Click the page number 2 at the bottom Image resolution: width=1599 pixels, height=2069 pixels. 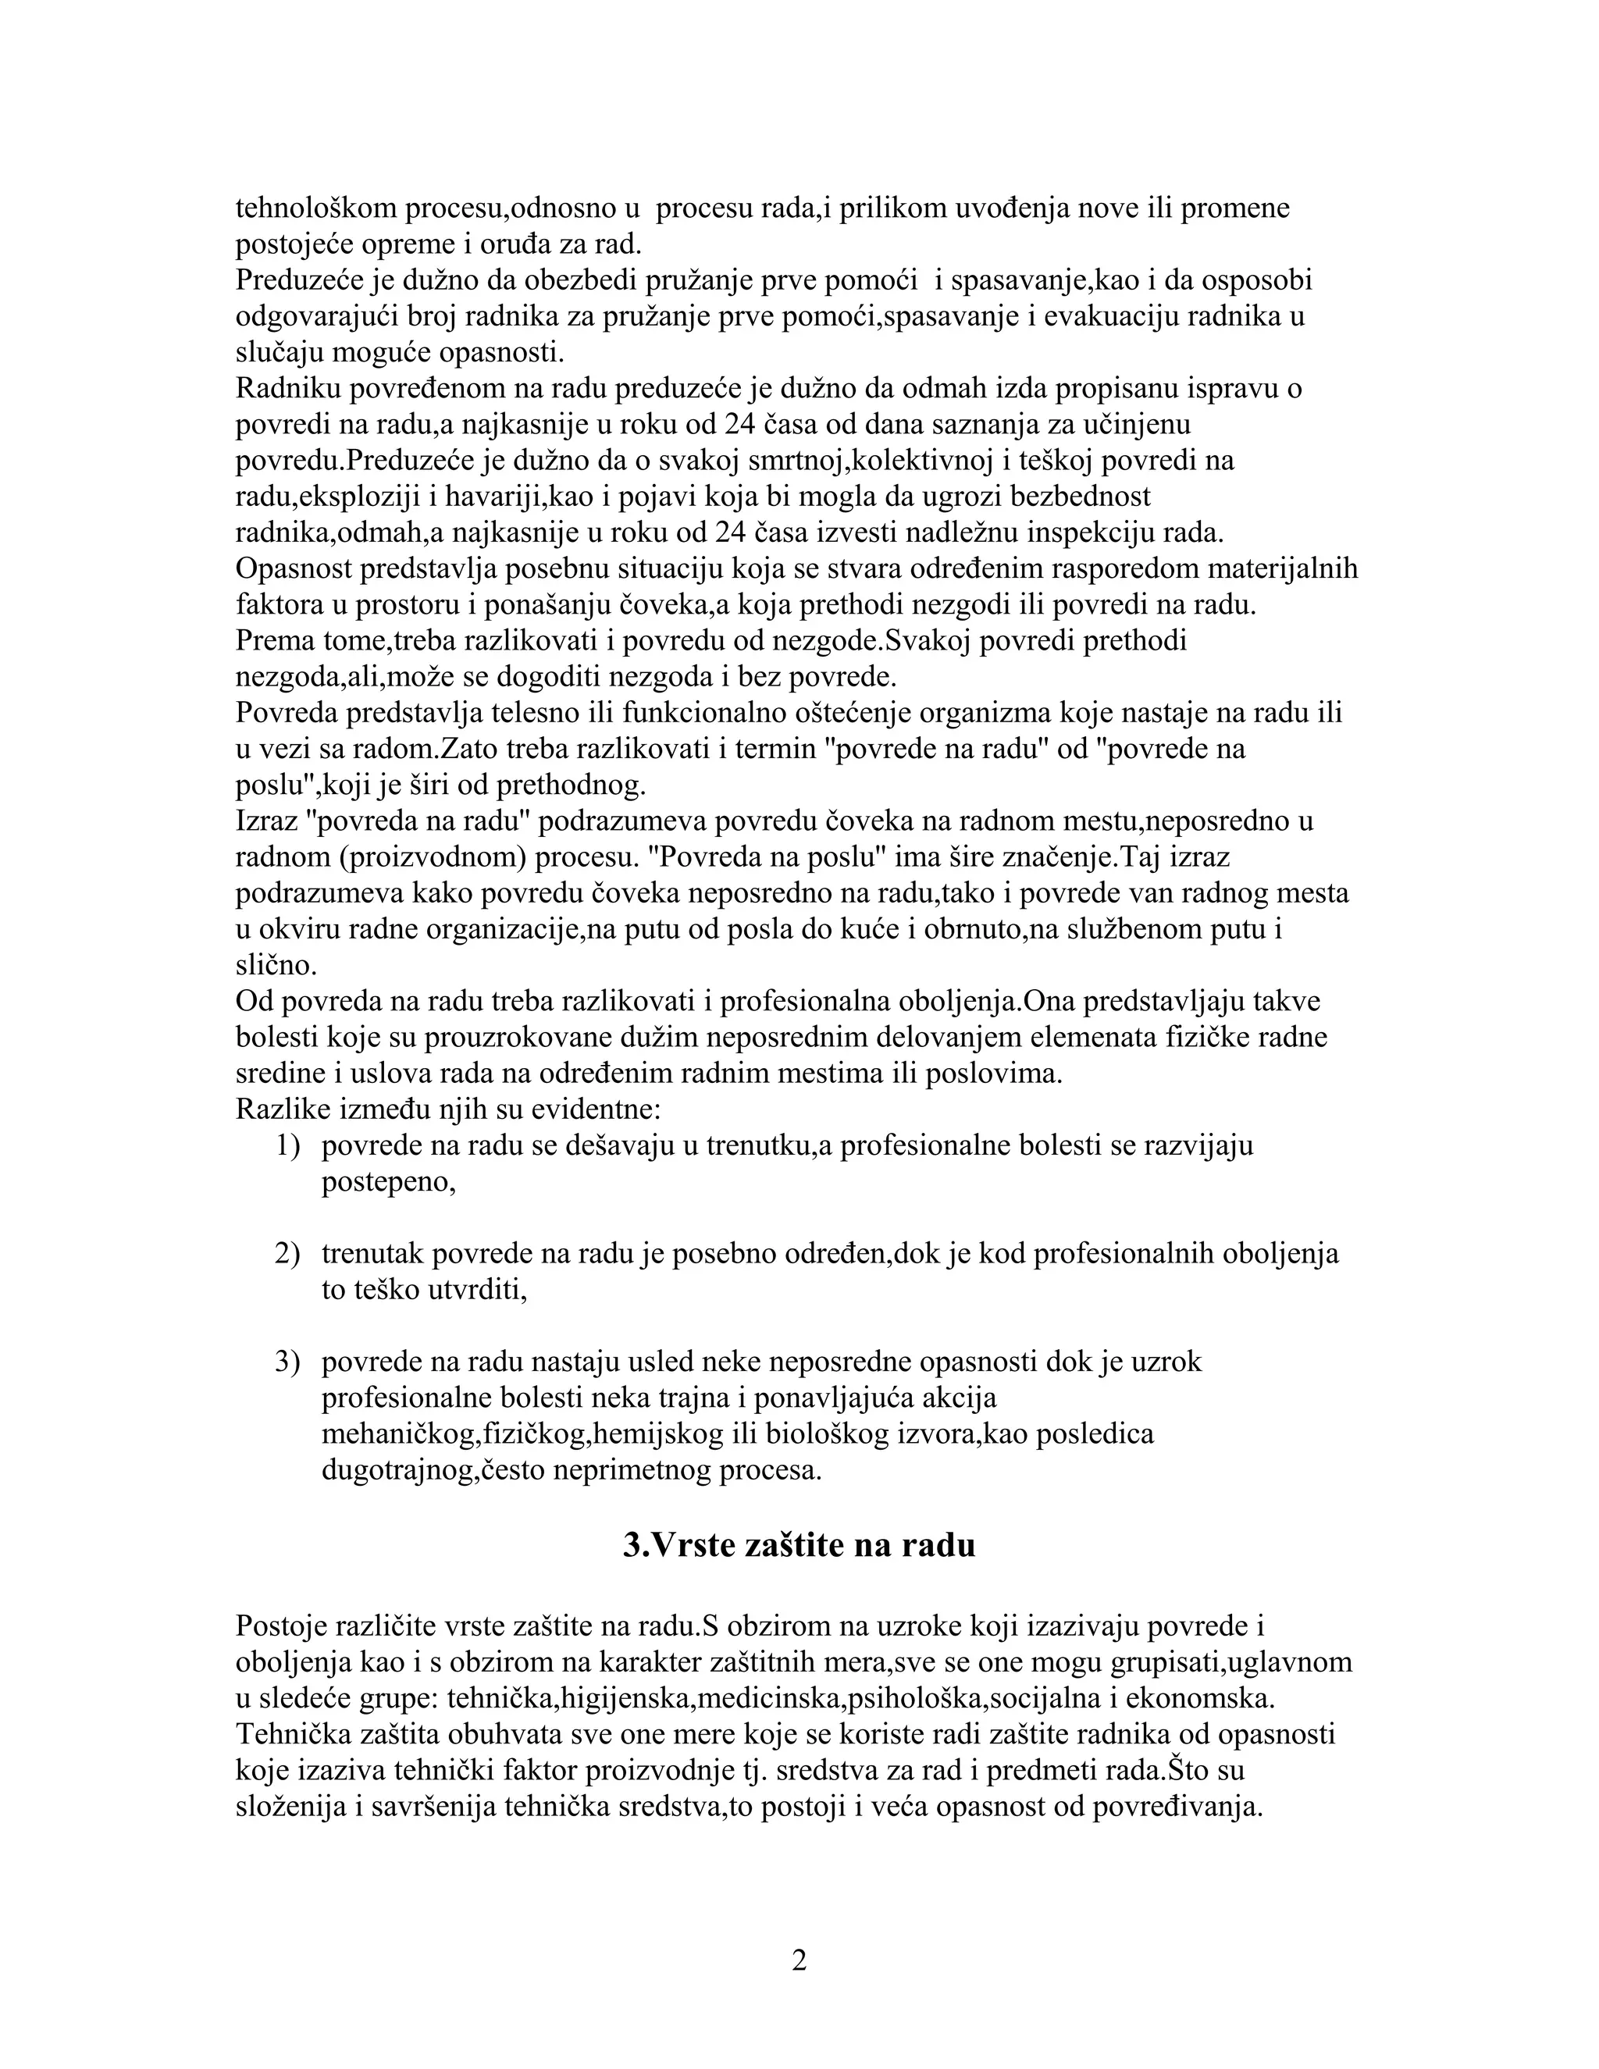click(x=799, y=1960)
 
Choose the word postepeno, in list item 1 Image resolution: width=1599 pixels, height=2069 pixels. click(x=388, y=1182)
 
